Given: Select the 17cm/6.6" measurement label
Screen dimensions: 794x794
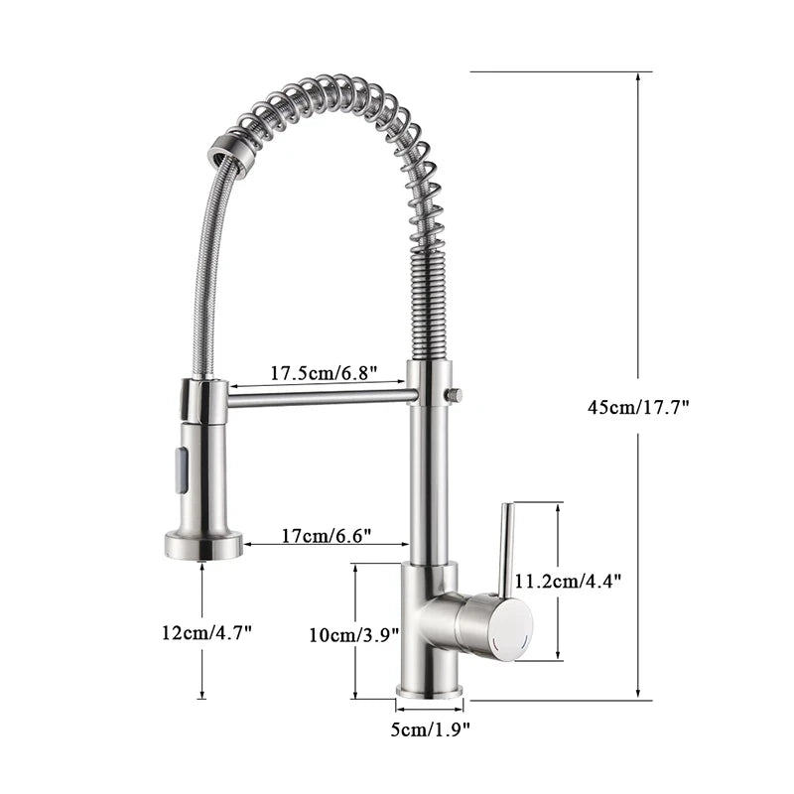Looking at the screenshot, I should coord(326,536).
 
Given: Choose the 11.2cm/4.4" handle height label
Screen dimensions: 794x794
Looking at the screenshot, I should coord(567,582).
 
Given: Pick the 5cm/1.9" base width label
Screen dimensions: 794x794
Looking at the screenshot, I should coord(429,731).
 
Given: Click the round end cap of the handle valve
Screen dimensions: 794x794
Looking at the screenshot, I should coord(511,627).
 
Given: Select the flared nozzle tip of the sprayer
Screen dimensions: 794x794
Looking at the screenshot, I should coord(202,544).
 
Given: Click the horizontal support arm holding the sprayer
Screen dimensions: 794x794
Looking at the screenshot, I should coord(318,396).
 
